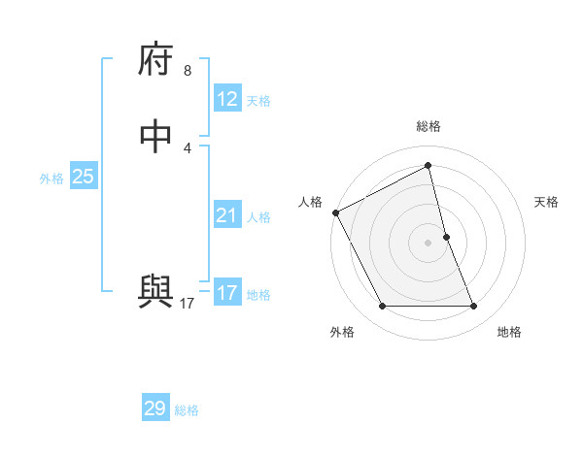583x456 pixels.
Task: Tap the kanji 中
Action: point(155,137)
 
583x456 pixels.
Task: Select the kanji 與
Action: point(155,292)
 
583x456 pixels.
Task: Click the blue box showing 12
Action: point(226,99)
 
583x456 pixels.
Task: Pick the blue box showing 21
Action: point(226,215)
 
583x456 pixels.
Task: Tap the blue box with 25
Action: point(84,177)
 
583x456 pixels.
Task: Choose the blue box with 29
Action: point(155,408)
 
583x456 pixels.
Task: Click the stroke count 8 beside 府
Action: point(188,72)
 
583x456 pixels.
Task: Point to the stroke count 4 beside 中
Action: point(188,147)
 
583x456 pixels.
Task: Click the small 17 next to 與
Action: point(188,304)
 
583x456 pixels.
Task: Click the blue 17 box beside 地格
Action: point(226,293)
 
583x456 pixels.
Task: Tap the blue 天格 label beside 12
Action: point(258,101)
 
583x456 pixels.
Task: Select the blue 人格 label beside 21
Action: point(258,217)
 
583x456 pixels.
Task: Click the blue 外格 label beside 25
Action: point(51,179)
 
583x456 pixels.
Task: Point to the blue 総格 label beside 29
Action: point(187,410)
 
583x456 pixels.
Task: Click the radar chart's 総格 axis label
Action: point(429,126)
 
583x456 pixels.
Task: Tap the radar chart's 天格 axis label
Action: point(547,202)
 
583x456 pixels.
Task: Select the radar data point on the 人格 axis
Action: point(335,212)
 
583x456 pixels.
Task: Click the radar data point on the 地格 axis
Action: point(474,307)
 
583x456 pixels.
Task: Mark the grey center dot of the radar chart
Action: point(429,243)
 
